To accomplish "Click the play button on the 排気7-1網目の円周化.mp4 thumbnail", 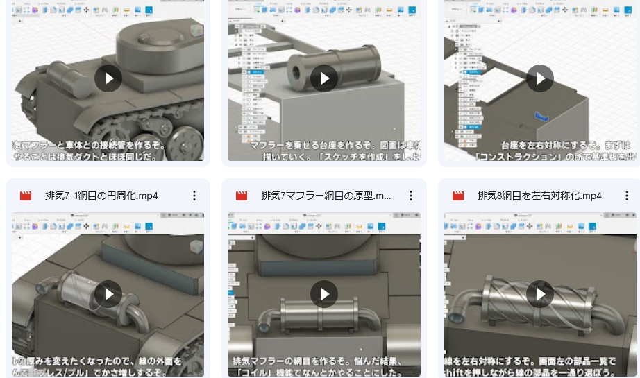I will (108, 294).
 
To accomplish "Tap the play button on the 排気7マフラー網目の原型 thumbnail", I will (324, 294).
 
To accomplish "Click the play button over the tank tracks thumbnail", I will (108, 78).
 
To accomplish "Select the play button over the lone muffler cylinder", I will (324, 78).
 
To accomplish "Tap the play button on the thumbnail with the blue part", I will (540, 78).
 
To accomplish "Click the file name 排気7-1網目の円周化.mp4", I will (101, 196).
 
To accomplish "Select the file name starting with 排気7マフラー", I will (326, 196).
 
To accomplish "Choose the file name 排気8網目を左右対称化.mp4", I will (539, 196).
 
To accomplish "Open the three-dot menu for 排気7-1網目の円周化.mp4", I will (194, 196).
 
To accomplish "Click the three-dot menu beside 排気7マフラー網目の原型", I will (411, 196).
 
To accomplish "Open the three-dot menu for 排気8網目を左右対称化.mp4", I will (627, 196).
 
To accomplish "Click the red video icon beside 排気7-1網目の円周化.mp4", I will (26, 196).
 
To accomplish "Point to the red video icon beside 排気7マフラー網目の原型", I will (242, 196).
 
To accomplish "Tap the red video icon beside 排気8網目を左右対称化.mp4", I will (458, 196).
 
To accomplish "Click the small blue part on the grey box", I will (541, 117).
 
